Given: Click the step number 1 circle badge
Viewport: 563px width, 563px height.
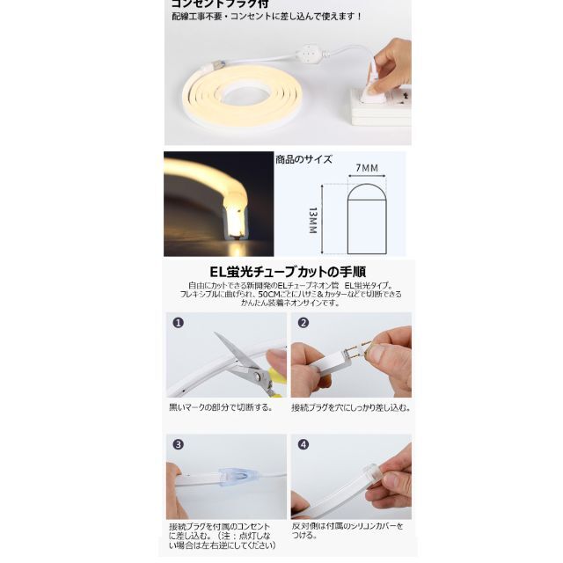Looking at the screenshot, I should tap(178, 323).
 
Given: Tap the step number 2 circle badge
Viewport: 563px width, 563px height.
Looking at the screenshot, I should tap(303, 323).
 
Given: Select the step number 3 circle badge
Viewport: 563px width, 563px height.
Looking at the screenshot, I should tap(178, 445).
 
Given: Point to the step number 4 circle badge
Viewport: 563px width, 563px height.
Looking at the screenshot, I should tap(303, 445).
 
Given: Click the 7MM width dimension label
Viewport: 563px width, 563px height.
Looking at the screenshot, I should tap(367, 167).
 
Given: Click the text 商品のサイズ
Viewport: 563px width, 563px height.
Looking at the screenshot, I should tap(303, 158).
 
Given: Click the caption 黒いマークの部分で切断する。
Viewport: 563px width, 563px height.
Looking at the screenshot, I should tap(221, 408).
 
